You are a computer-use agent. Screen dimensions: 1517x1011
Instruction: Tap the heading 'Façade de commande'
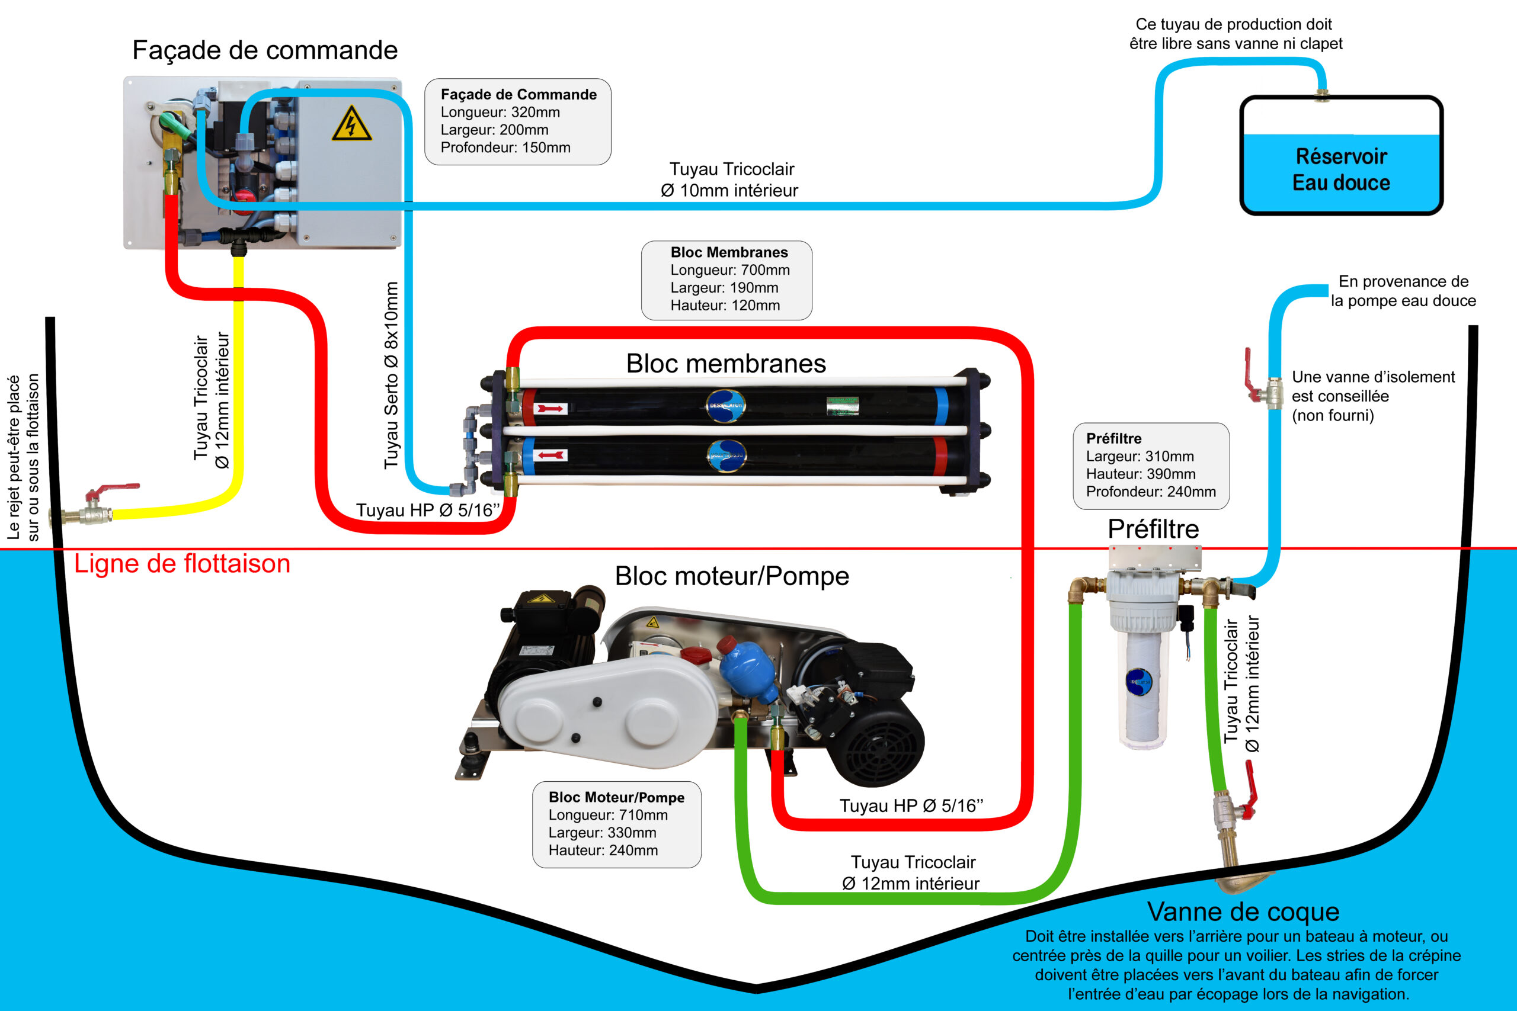click(x=265, y=50)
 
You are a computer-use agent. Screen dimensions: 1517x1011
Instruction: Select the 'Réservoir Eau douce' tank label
click(x=1342, y=169)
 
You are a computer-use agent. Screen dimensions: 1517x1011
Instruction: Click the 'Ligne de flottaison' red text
click(x=182, y=563)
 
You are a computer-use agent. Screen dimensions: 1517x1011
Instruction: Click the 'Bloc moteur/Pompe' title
click(x=732, y=576)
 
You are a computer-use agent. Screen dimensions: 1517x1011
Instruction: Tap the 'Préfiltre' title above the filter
click(x=1153, y=529)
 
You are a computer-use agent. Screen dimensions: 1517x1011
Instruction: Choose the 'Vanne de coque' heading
click(x=1243, y=911)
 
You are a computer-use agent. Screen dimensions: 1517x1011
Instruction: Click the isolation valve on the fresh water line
click(x=1262, y=383)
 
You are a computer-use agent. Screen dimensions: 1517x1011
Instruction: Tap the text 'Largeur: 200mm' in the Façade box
click(x=495, y=130)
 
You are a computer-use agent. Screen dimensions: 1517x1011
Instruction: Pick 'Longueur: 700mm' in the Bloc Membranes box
click(x=730, y=269)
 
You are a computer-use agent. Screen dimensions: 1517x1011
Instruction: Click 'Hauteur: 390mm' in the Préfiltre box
click(x=1141, y=474)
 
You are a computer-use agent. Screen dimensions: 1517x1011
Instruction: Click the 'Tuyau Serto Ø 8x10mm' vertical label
click(x=391, y=375)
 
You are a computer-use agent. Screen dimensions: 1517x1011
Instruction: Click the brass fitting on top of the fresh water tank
click(x=1321, y=95)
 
